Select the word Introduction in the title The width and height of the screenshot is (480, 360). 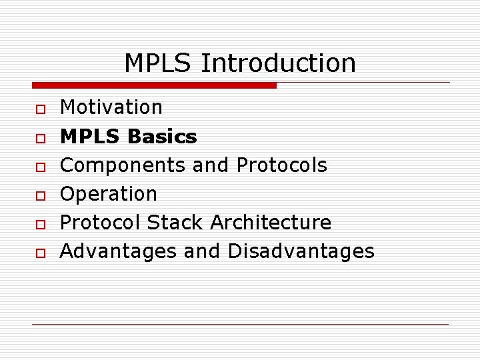[x=278, y=63]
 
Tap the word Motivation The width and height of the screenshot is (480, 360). [x=111, y=107]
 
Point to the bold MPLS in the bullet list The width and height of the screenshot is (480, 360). [x=90, y=137]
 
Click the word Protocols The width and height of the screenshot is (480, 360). [x=282, y=165]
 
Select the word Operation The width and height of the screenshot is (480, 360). [x=109, y=194]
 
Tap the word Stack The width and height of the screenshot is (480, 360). [x=176, y=223]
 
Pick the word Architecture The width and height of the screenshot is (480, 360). [x=271, y=223]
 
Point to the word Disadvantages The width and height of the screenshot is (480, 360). [x=301, y=251]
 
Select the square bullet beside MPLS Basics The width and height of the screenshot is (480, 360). [x=40, y=138]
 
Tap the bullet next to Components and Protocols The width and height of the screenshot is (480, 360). [x=40, y=167]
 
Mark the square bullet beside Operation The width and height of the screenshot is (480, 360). [x=40, y=195]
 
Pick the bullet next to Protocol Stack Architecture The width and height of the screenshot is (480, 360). [x=40, y=224]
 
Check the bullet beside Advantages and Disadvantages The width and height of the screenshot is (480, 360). [x=40, y=253]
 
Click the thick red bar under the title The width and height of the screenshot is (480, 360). [x=154, y=85]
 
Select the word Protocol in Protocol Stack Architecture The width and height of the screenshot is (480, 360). [x=101, y=223]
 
